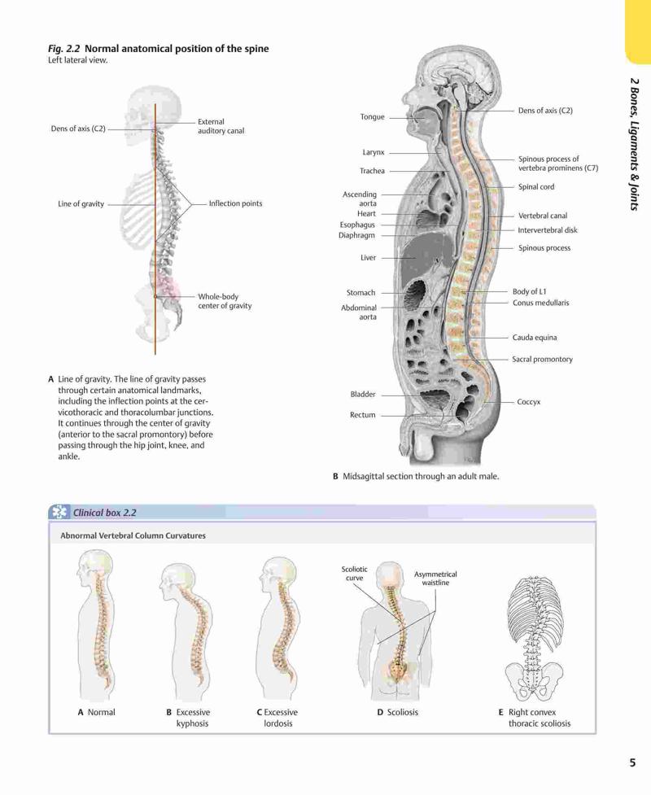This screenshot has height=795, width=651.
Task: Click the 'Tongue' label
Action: point(372,117)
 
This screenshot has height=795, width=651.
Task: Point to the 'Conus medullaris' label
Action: point(540,304)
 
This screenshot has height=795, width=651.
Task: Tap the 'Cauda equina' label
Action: point(535,338)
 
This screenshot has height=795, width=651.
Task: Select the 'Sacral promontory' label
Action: point(542,360)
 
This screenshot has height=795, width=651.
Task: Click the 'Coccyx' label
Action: point(528,402)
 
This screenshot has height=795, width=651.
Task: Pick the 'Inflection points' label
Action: point(235,203)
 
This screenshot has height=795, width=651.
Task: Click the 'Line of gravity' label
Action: point(81,204)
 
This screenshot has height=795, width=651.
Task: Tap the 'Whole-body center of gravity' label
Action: point(225,301)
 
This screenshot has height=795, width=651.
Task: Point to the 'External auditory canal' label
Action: point(221,126)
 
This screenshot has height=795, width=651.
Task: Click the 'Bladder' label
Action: point(362,395)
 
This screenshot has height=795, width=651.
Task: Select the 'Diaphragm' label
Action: point(356,236)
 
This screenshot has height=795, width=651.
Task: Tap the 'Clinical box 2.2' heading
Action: point(104,513)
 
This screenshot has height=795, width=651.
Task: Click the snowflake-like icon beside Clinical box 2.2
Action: point(59,512)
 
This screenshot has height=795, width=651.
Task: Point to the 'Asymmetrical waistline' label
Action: point(435,579)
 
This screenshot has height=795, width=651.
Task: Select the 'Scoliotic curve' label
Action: point(354,574)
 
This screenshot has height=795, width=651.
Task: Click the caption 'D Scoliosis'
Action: point(397,712)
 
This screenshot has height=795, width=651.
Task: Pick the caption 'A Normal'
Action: point(96,712)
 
